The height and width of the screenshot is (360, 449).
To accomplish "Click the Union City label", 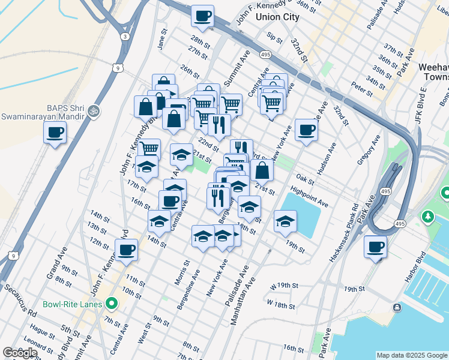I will [x=277, y=17].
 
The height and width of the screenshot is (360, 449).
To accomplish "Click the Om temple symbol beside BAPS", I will [x=92, y=110].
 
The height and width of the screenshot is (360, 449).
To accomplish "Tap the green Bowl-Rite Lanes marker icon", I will [x=110, y=304].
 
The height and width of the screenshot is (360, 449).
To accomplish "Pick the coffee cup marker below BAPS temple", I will [x=55, y=132].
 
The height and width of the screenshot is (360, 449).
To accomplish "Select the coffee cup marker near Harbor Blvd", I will [x=376, y=247].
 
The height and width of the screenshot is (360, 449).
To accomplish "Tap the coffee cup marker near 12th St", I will [x=126, y=250].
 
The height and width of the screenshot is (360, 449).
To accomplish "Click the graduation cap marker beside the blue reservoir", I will [x=286, y=221].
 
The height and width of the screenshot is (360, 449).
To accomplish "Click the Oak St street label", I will [x=306, y=179].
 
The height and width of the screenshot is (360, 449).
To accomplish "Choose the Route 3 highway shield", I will [x=124, y=37].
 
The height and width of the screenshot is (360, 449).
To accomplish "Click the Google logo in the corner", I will [x=20, y=352].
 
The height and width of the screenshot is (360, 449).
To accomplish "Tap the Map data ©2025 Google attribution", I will [x=412, y=355].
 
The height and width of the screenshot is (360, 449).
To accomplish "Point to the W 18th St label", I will [x=282, y=305].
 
